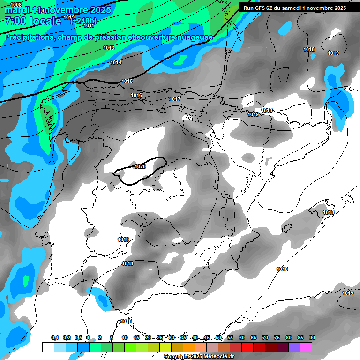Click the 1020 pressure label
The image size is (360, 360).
pos(140,166)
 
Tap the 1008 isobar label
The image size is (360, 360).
pos(15,4)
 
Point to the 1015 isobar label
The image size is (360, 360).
pos(127,82)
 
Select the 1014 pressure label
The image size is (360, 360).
pos(116,62)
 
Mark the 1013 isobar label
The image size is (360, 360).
pos(109,48)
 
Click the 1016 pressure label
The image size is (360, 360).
pos(136,96)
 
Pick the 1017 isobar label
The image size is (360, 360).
pos(175,99)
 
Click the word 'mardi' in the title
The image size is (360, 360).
pos(17,10)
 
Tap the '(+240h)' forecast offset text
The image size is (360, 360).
pos(83,21)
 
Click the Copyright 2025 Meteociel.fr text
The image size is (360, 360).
pos(198,357)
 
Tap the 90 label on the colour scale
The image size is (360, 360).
pos(312,337)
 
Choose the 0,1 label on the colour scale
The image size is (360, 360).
pos(54,337)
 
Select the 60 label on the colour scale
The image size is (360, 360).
pos(242,337)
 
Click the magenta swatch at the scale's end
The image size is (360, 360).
pos(306,347)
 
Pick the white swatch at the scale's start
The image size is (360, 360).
pos(48,347)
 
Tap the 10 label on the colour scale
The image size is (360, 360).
pos(125,337)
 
